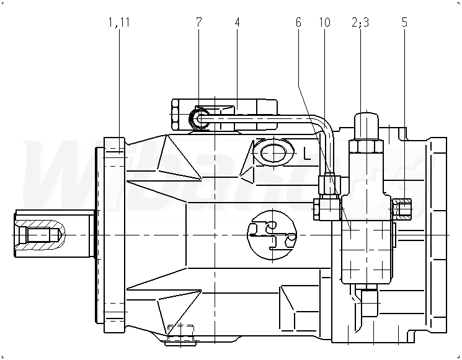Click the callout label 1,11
coord(118,23)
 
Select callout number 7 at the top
coord(198,23)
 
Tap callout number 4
coord(237,23)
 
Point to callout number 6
coord(298,23)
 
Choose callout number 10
coord(325,23)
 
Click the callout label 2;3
coord(360,23)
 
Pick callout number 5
coord(404,23)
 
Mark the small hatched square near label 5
coord(402,211)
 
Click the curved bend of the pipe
coord(324,124)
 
